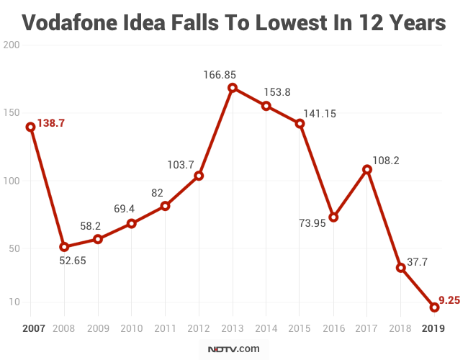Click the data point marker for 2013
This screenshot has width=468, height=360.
[x=233, y=88]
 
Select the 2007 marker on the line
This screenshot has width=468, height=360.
[x=30, y=127]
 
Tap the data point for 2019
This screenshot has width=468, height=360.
[x=434, y=307]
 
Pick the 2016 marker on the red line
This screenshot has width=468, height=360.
[x=333, y=217]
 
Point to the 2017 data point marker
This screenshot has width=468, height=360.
[x=367, y=170]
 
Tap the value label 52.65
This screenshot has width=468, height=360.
[x=72, y=261]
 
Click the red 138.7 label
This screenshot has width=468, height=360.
[x=51, y=123]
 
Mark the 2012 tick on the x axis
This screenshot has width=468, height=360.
[x=199, y=328]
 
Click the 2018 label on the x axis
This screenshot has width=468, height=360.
[x=400, y=328]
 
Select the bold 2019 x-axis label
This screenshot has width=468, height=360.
[x=434, y=328]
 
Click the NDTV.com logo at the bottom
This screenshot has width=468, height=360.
[x=233, y=349]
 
